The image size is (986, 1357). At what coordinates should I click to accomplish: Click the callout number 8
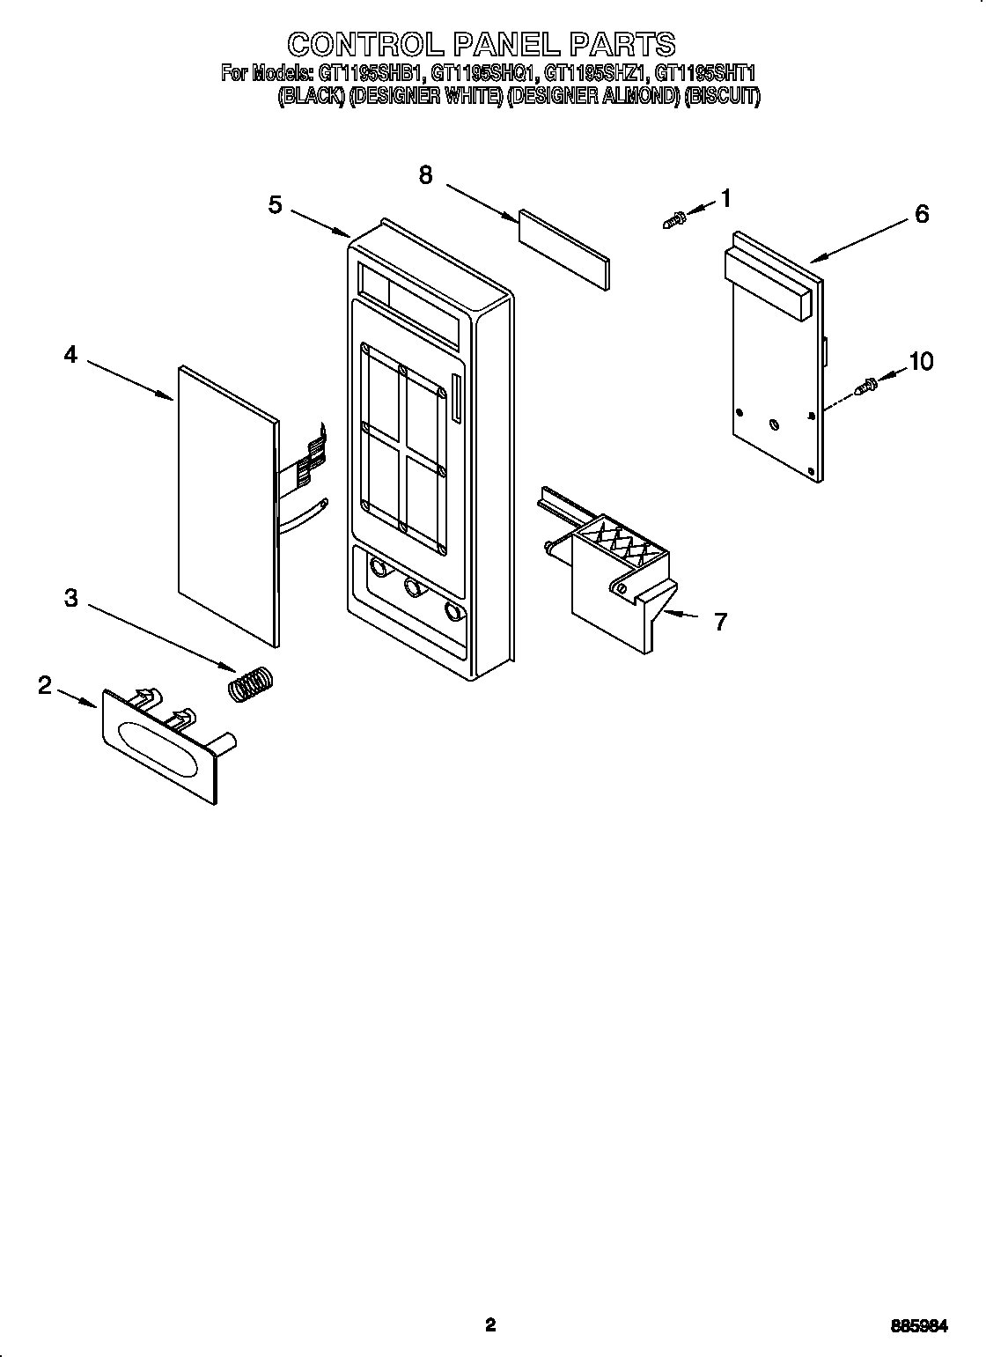click(425, 175)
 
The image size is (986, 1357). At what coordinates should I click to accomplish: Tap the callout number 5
click(276, 205)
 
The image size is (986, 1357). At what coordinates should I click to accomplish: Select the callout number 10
click(921, 362)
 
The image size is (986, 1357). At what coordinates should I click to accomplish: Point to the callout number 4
click(70, 355)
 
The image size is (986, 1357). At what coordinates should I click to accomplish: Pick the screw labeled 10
click(865, 386)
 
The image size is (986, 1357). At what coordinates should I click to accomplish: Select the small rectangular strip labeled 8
click(563, 249)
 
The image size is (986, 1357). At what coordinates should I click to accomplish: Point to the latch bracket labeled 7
click(616, 581)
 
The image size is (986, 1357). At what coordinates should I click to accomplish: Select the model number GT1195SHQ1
click(486, 74)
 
